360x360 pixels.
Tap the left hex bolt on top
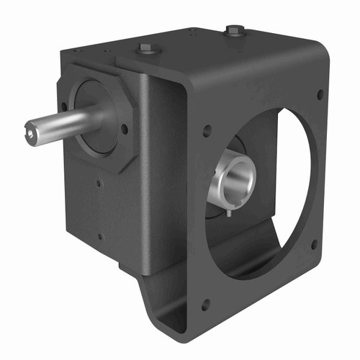[x=145, y=49]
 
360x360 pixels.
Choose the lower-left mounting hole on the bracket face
[x=205, y=305]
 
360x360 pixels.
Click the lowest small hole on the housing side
[x=101, y=235]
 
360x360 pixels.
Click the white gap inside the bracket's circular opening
[x=295, y=180]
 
